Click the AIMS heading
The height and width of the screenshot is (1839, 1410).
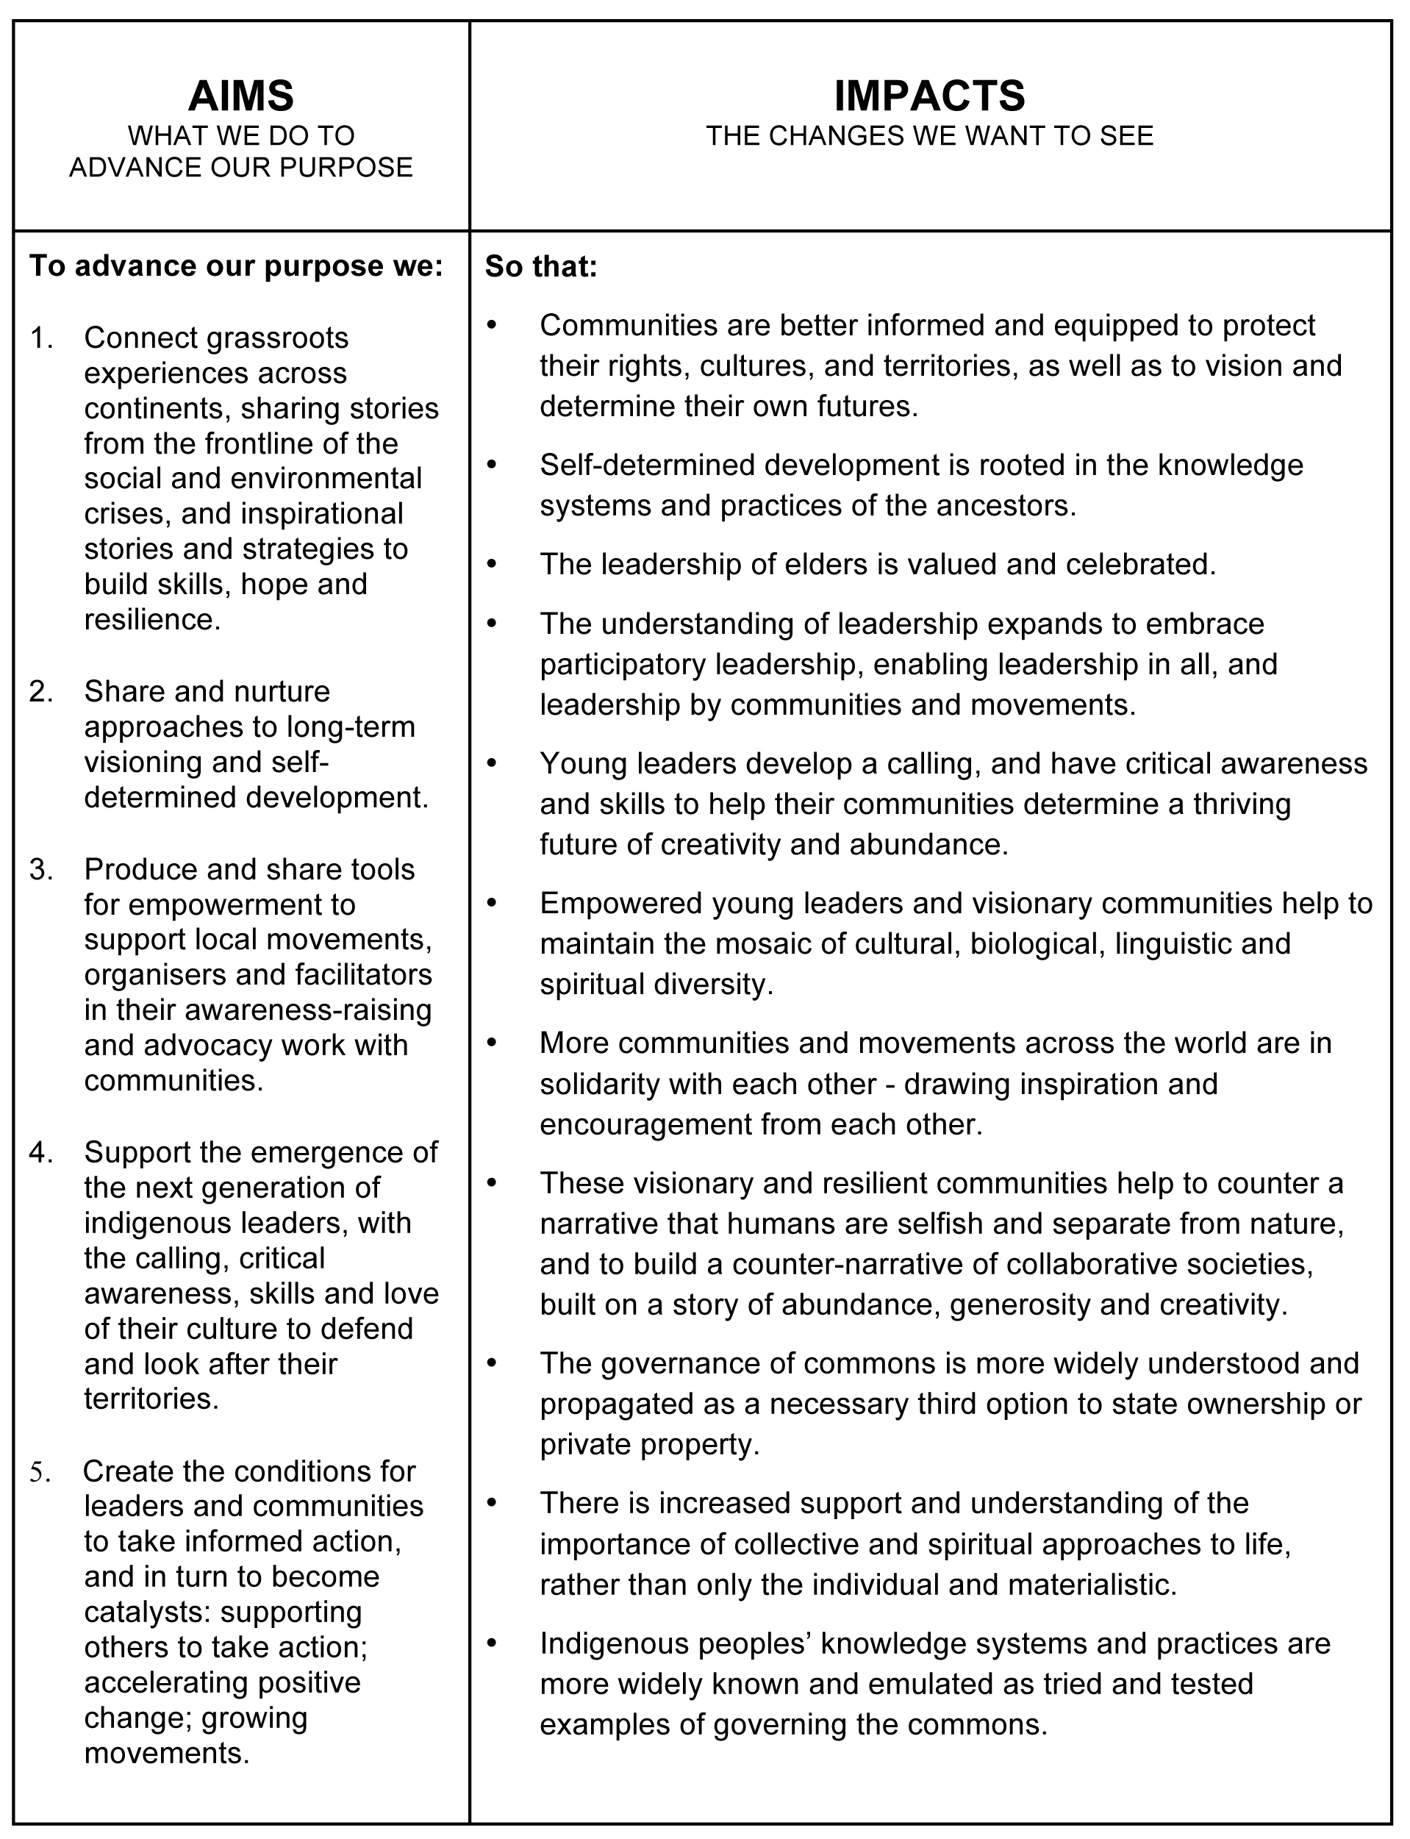tap(241, 96)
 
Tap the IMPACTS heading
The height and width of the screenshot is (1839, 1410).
tap(929, 96)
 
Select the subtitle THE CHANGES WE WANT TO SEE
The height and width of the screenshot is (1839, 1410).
tap(929, 136)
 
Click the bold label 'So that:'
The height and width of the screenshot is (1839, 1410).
tap(541, 267)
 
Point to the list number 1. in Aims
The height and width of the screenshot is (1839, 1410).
tap(41, 338)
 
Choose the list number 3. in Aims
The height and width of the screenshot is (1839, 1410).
tap(41, 870)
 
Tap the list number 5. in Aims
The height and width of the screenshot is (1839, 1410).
tap(40, 1471)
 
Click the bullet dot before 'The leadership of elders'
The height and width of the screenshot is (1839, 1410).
tap(493, 564)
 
